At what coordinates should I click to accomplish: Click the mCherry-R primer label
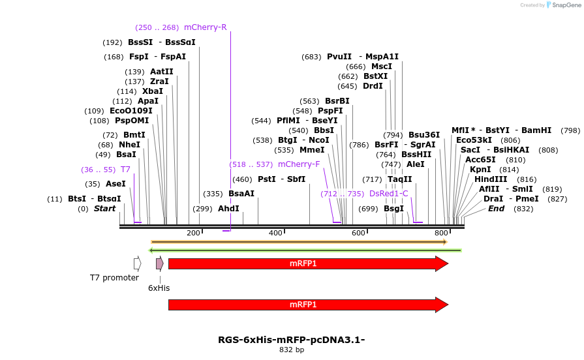coord(205,27)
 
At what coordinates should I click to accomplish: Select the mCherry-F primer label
coord(299,164)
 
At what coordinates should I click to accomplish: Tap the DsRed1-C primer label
coord(388,194)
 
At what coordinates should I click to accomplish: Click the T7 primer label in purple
coord(125,169)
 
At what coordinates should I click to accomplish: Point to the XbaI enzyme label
coord(153,91)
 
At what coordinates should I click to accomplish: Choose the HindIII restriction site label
coord(492,179)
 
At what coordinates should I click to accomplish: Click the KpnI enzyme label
coord(480,170)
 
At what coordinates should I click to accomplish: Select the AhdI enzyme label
coord(228,209)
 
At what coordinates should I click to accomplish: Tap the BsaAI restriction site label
coord(241,194)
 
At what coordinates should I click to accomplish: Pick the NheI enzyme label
coord(129,145)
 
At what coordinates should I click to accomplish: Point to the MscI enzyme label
coord(382,67)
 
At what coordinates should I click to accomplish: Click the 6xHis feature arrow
coord(159,263)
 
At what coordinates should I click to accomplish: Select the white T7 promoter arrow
coord(137,263)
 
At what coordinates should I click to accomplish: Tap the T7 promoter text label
coord(114,278)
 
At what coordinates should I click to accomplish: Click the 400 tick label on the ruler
coord(275,233)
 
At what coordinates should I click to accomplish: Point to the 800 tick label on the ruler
coord(441,233)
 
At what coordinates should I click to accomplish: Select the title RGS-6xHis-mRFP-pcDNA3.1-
coord(291,340)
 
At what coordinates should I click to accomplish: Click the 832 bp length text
coord(291,350)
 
